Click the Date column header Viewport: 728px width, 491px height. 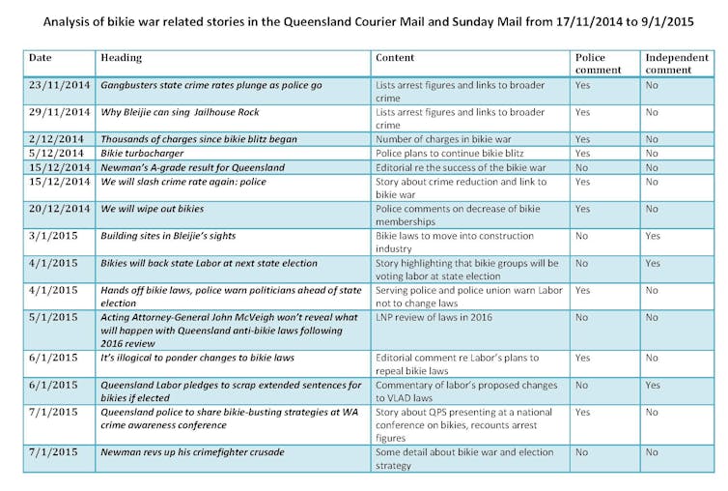coord(40,58)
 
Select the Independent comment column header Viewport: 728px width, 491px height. coord(677,64)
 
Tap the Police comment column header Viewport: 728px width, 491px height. coord(598,64)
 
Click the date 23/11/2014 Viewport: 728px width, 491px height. coord(59,85)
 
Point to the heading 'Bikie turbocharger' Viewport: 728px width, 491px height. coord(142,153)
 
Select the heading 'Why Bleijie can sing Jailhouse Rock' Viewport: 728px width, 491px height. coord(180,112)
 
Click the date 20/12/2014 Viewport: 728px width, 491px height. coord(59,209)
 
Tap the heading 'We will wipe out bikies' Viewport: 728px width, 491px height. coord(153,209)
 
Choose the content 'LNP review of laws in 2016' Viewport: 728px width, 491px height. coord(434,317)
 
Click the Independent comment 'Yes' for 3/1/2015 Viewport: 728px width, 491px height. coord(653,236)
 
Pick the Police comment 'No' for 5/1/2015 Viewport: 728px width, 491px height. coord(581,317)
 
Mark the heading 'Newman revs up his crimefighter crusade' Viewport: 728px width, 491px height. coord(192,452)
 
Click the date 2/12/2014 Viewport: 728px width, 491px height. coord(56,139)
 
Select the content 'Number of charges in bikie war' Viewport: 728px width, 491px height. coord(443,139)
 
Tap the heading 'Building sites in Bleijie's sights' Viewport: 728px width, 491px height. coord(168,236)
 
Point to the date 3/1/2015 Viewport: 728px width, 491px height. coord(53,236)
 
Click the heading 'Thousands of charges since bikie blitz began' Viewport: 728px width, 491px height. coord(199,139)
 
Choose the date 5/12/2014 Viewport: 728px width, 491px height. coord(56,153)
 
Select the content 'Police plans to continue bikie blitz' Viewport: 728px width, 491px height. coord(449,153)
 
